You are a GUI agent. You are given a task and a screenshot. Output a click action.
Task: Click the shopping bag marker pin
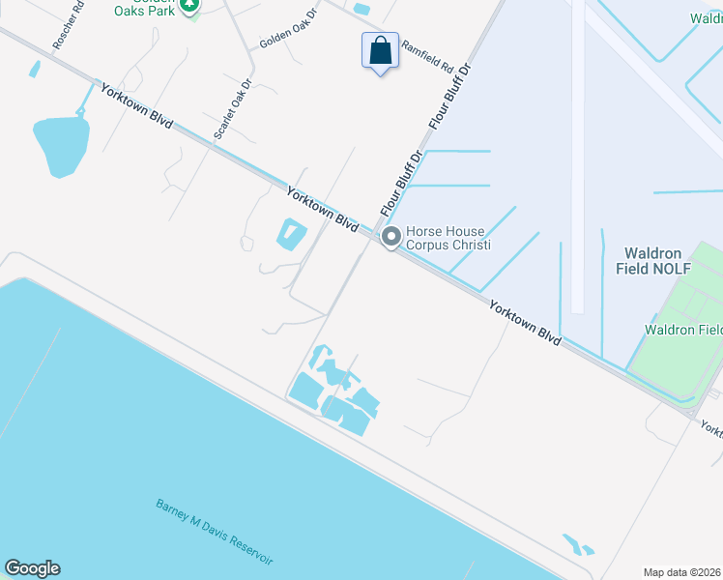(x=381, y=50)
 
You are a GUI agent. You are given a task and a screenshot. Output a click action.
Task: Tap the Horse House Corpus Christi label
(x=448, y=238)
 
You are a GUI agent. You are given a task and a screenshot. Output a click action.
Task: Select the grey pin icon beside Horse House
(x=391, y=237)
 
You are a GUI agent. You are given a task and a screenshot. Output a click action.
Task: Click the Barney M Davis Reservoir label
(x=215, y=533)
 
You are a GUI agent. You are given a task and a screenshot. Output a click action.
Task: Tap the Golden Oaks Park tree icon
(x=191, y=6)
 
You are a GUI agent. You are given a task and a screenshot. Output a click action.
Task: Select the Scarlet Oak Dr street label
(x=232, y=108)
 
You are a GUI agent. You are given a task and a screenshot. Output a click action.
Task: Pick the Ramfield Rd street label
(x=427, y=57)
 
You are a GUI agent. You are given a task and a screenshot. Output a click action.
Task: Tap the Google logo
(x=32, y=568)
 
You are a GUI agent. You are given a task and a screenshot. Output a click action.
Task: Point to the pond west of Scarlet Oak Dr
(x=60, y=145)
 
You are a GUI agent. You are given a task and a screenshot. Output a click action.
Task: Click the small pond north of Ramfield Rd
(x=362, y=10)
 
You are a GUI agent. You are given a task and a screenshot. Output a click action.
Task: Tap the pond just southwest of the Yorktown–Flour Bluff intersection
(x=291, y=233)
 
